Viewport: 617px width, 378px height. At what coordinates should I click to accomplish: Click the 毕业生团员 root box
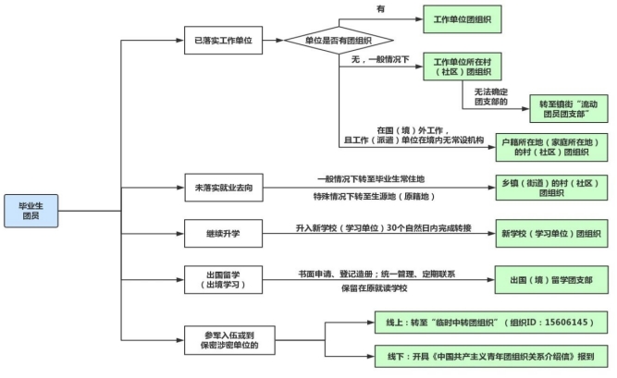tap(34, 210)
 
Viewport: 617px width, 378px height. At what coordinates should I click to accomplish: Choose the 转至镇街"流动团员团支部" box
tap(568, 109)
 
